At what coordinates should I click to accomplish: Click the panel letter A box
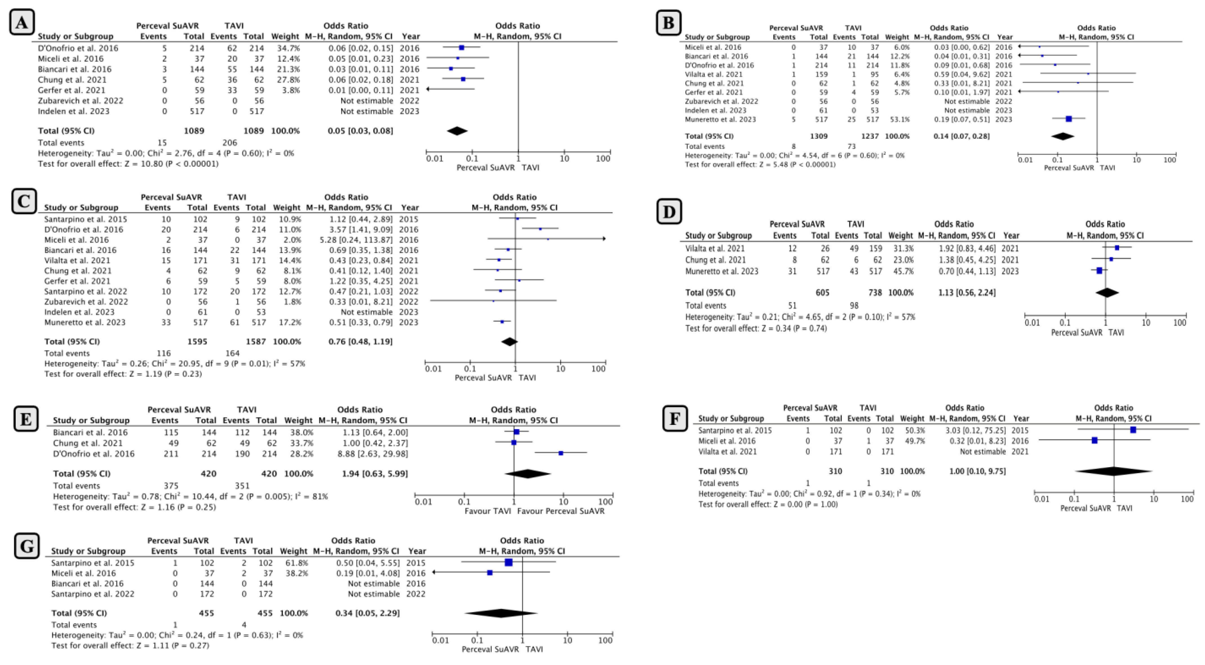click(x=21, y=22)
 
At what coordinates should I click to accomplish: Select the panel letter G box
click(x=27, y=546)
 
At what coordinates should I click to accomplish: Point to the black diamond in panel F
click(x=1113, y=471)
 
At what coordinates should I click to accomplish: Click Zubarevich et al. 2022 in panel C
click(x=86, y=302)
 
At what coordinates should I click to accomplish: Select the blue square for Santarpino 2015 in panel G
click(x=508, y=563)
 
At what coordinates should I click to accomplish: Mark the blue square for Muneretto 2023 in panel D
click(x=1099, y=271)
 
